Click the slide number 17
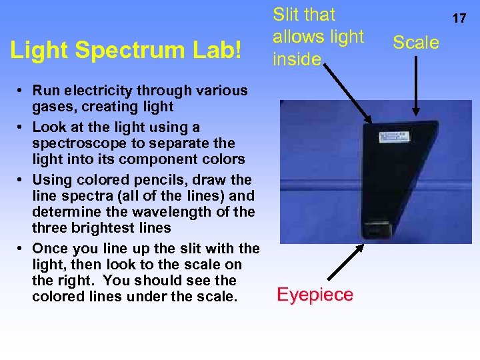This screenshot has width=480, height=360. click(459, 19)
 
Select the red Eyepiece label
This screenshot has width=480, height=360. click(315, 295)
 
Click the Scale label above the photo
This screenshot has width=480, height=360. click(416, 43)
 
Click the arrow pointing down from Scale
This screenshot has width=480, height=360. click(417, 87)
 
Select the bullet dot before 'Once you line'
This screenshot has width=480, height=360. click(22, 249)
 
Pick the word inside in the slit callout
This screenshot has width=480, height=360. click(297, 59)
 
